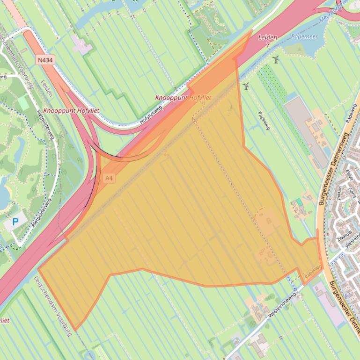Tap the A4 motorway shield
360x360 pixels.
tap(109, 178)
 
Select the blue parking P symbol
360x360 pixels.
tap(15, 222)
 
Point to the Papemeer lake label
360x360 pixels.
tap(304, 36)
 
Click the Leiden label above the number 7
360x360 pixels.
tap(267, 37)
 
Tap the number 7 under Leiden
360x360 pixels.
tap(267, 45)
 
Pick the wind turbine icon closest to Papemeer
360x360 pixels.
tap(276, 59)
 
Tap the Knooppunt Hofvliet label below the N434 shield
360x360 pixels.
tap(71, 111)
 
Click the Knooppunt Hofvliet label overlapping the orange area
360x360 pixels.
tap(183, 98)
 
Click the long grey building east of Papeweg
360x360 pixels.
tap(306, 131)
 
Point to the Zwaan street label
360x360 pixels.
tap(338, 192)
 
